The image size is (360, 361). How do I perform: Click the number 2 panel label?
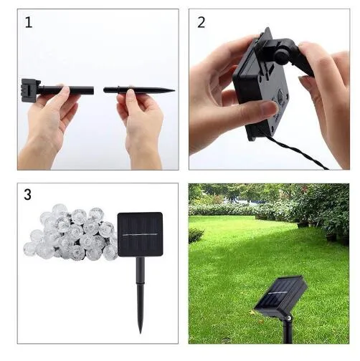pyautogui.click(x=202, y=22)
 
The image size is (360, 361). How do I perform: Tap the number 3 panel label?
pyautogui.click(x=28, y=195)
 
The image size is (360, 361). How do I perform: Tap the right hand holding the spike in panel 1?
pyautogui.click(x=141, y=118)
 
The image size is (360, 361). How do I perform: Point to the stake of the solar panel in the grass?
pyautogui.click(x=288, y=329)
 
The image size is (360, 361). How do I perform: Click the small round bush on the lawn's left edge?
pyautogui.click(x=196, y=235)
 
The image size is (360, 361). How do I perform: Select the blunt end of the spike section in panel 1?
pyautogui.click(x=106, y=90)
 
